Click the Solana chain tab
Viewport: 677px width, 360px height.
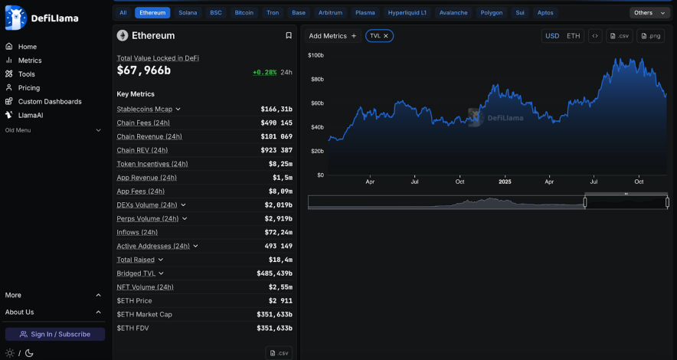tap(188, 13)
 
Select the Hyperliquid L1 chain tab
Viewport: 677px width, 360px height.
tap(407, 13)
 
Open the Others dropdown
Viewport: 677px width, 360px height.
tap(649, 13)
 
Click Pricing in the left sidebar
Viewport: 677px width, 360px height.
tap(29, 88)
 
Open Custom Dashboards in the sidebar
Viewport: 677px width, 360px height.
tap(50, 102)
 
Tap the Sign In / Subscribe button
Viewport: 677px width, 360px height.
tap(55, 334)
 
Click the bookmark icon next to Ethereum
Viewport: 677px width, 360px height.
tap(289, 35)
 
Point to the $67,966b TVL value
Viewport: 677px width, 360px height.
tap(144, 70)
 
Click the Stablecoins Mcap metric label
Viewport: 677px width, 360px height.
tap(145, 109)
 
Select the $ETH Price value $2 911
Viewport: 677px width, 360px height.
tap(280, 301)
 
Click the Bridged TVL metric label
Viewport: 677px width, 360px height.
tap(136, 273)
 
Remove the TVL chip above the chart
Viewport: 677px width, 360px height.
tap(386, 36)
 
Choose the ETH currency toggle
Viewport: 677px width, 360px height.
tap(573, 36)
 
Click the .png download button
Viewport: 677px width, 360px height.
tap(651, 36)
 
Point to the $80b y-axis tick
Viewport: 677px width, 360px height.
tap(316, 80)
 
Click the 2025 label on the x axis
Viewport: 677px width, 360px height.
tap(505, 182)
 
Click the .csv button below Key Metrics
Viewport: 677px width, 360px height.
tap(279, 352)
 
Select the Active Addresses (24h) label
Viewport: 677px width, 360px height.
tap(153, 246)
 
